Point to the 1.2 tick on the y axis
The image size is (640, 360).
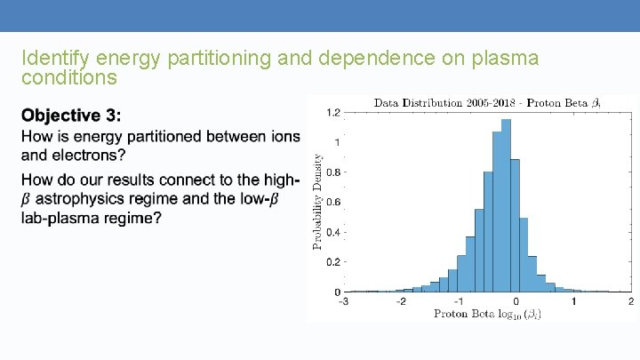[332, 113]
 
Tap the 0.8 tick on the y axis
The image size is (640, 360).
[332, 172]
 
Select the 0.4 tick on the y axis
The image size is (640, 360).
[332, 232]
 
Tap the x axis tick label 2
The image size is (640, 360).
[630, 301]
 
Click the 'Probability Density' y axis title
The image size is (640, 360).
[317, 202]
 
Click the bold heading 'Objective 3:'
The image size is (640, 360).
[72, 116]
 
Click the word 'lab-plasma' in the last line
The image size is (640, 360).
[60, 219]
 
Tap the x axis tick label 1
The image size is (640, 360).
[573, 301]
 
